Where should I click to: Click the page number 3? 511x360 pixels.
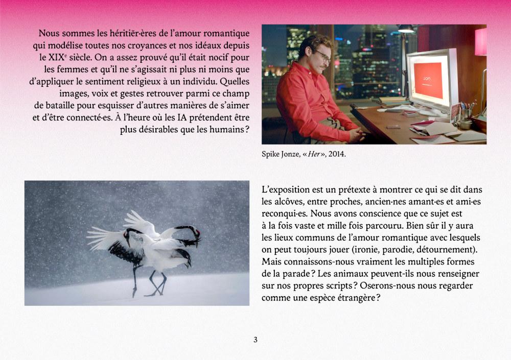click(x=255, y=340)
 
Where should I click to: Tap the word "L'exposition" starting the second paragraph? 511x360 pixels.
click(x=286, y=189)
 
